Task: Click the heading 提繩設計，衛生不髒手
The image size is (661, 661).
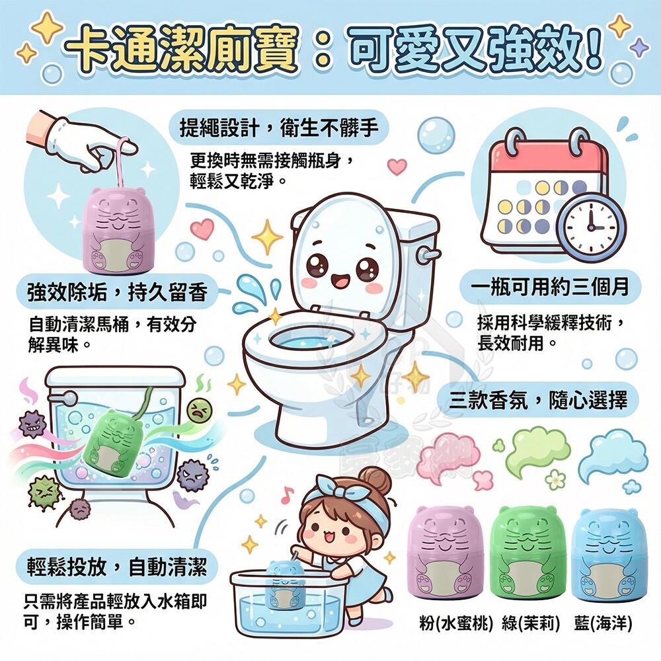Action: (x=279, y=127)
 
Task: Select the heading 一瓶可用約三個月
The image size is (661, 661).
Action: (x=550, y=287)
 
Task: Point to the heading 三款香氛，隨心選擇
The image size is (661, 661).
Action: (x=538, y=399)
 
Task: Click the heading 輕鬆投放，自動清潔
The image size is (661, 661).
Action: (x=117, y=566)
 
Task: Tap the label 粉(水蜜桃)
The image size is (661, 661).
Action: (x=456, y=623)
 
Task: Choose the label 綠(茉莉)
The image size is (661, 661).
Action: (x=531, y=623)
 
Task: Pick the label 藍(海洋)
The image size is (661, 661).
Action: (x=603, y=623)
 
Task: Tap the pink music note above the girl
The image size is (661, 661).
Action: (x=288, y=492)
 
